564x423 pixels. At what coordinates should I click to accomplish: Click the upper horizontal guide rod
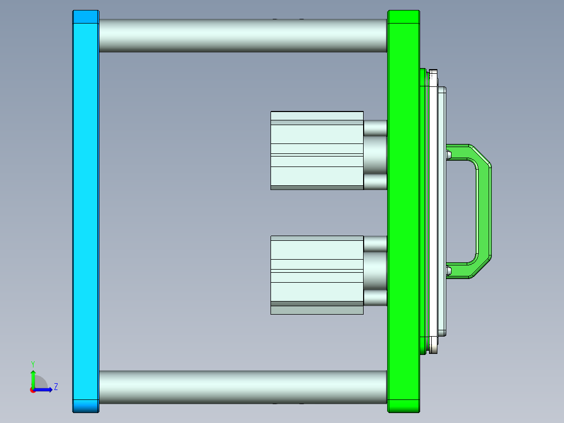click(x=242, y=36)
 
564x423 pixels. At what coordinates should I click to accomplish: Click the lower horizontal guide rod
click(x=242, y=387)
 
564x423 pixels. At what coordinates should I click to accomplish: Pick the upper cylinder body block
click(x=317, y=150)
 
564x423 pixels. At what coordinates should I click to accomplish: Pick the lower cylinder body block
click(x=317, y=275)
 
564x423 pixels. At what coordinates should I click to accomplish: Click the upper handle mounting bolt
click(x=449, y=154)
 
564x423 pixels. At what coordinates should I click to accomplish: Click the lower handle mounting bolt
click(x=449, y=270)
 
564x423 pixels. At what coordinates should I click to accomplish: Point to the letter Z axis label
click(x=55, y=387)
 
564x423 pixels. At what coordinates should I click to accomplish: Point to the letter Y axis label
click(x=32, y=363)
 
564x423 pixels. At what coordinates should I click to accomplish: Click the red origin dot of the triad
click(x=32, y=389)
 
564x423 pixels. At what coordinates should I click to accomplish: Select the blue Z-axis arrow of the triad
click(x=45, y=389)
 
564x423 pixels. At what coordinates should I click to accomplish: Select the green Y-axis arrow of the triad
click(x=32, y=378)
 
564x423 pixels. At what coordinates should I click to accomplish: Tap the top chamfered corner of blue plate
click(x=85, y=17)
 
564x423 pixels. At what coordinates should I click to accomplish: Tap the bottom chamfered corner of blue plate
click(x=85, y=406)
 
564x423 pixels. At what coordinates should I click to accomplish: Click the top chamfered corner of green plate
click(x=403, y=17)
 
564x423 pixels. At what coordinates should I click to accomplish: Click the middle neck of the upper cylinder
click(x=375, y=155)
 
